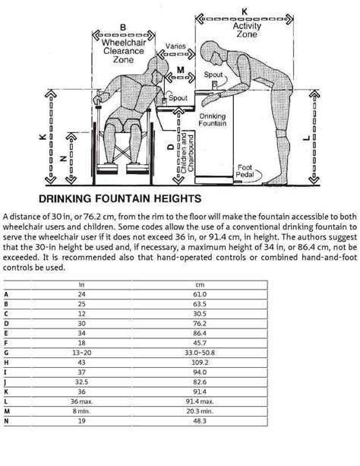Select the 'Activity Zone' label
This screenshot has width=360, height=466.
(247, 30)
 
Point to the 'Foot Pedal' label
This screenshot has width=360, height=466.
(245, 171)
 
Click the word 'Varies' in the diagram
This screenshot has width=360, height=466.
(176, 46)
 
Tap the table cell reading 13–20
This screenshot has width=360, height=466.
(81, 353)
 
